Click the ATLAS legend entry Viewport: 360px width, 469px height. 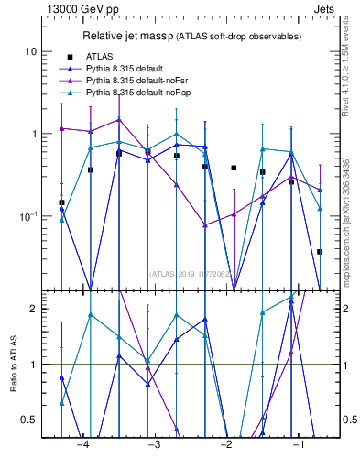click(102, 57)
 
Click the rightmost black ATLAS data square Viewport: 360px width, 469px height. click(320, 251)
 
